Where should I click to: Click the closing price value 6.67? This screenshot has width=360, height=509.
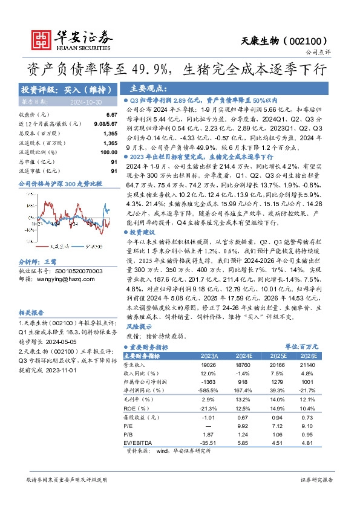pos(111,115)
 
